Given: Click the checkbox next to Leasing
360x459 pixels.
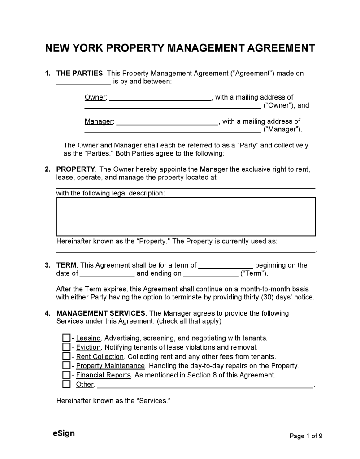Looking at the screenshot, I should pyautogui.click(x=66, y=338).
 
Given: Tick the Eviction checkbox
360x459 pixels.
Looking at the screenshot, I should pyautogui.click(x=66, y=347).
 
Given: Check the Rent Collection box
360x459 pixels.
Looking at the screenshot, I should pyautogui.click(x=66, y=357).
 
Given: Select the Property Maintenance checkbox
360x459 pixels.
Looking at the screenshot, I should pyautogui.click(x=66, y=366).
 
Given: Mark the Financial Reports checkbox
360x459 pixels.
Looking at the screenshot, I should pyautogui.click(x=66, y=375).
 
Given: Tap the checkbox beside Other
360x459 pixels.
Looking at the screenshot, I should pyautogui.click(x=66, y=385).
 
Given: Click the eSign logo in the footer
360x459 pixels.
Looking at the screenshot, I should pyautogui.click(x=64, y=433).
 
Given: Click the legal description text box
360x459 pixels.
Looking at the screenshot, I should pyautogui.click(x=186, y=217).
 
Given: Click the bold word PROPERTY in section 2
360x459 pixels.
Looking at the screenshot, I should pyautogui.click(x=76, y=169).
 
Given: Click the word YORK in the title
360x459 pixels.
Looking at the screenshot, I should pyautogui.click(x=103, y=48).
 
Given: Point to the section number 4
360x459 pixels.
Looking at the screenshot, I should pyautogui.click(x=47, y=313).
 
